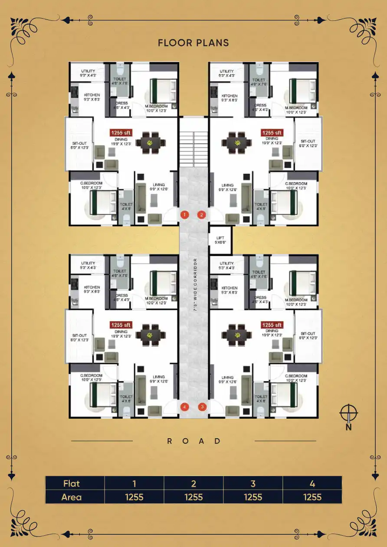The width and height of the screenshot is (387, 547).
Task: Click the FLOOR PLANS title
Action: (193, 42)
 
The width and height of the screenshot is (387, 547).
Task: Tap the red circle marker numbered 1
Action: (184, 215)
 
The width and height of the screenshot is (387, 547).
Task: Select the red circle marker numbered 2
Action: (201, 215)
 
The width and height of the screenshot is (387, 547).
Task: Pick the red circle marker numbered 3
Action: (202, 407)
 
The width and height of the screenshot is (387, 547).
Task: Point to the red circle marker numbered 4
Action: (185, 407)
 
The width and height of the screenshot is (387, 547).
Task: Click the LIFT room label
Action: (220, 240)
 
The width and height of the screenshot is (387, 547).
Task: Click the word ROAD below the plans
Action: (194, 441)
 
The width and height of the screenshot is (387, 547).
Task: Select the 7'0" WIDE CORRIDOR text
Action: (196, 289)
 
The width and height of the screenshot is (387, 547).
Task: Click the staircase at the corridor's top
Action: (193, 147)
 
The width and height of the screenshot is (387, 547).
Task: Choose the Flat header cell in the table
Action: (75, 483)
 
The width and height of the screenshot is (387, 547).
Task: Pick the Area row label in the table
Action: (75, 497)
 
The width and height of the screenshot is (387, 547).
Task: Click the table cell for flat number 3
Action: (253, 483)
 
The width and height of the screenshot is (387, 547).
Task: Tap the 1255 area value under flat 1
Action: (134, 497)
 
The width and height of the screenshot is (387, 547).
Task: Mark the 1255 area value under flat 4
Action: (312, 497)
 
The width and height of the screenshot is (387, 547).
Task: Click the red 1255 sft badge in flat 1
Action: (121, 133)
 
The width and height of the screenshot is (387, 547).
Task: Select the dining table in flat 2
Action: (237, 142)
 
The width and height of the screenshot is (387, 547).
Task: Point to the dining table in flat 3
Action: (237, 335)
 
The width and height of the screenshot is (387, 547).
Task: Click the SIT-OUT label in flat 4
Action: (80, 338)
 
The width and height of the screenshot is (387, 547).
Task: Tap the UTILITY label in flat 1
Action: (88, 73)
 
